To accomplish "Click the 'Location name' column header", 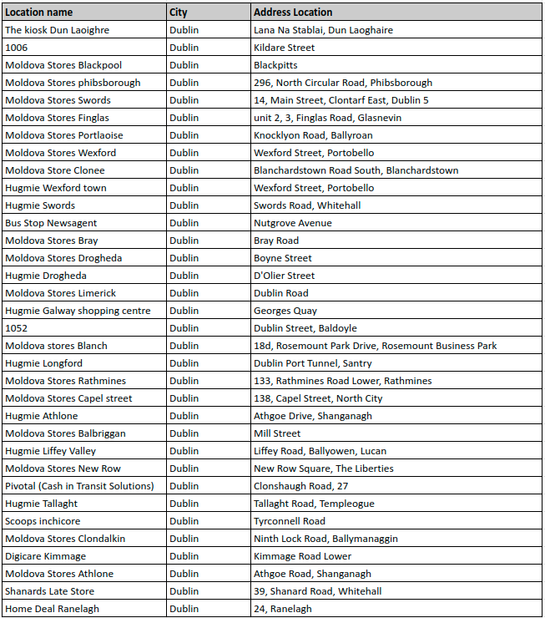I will (39, 13).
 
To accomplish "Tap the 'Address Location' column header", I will (293, 13).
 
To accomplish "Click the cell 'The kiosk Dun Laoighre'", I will (57, 30).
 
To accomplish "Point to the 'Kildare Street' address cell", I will (284, 48).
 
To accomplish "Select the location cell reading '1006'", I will (17, 48).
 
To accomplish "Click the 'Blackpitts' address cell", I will (275, 65).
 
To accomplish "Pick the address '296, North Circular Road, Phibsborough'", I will (343, 83).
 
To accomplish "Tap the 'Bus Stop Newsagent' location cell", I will (51, 223).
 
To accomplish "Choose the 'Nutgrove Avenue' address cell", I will (292, 223).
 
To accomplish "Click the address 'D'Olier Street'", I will (284, 276).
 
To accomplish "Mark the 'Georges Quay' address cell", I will (284, 311).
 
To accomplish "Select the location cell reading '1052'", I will (17, 328).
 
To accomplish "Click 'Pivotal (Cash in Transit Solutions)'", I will (79, 486).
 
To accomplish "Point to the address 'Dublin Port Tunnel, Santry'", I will (313, 363).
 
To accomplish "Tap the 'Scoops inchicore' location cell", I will (43, 521).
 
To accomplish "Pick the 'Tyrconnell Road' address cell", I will (290, 521).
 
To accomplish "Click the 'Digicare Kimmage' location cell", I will (45, 556).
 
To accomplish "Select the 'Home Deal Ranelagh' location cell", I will (52, 609).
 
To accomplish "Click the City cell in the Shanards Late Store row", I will (184, 591).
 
